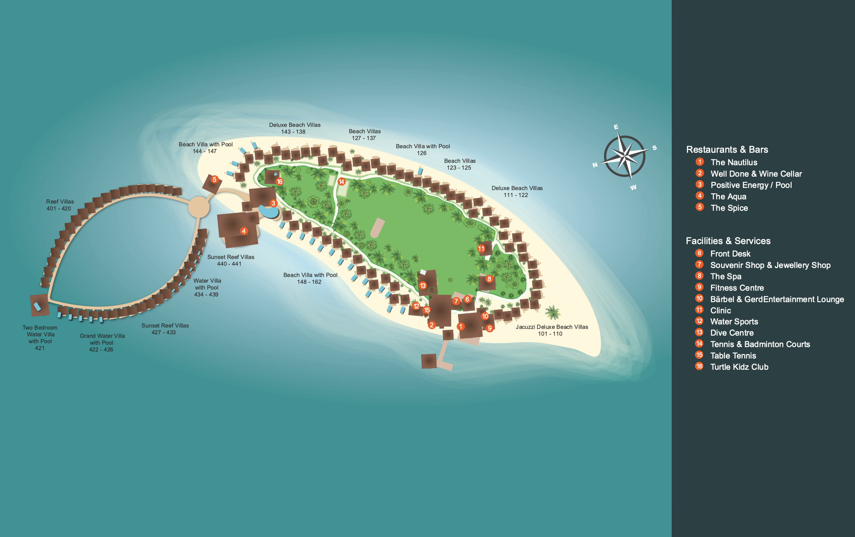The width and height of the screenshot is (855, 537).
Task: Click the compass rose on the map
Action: point(624,157)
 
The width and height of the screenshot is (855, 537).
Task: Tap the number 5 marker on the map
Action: point(214,179)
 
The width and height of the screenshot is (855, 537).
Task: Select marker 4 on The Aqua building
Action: point(244,231)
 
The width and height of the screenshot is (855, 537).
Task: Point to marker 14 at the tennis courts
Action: point(342,181)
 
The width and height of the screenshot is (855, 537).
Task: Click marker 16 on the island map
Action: point(280,181)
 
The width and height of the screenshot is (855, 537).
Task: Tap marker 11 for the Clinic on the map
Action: point(481,248)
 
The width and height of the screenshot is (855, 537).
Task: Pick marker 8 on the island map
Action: point(489,279)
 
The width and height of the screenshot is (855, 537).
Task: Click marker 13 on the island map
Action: point(423,286)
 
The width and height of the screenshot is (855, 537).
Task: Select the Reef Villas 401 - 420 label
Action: point(60,205)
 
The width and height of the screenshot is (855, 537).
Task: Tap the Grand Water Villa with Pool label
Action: point(102,342)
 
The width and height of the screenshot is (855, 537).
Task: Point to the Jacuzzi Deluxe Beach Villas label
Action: point(551,330)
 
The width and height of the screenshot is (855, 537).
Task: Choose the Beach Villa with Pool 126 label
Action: point(423,150)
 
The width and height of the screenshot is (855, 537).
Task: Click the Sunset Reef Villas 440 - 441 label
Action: point(230,260)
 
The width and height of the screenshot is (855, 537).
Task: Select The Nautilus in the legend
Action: point(733,162)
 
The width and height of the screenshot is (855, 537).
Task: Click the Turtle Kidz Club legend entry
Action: point(739,367)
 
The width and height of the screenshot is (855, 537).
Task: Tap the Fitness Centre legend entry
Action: point(737,288)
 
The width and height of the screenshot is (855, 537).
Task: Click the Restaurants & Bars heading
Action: point(727,150)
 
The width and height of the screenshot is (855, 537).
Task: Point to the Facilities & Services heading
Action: point(728,241)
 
